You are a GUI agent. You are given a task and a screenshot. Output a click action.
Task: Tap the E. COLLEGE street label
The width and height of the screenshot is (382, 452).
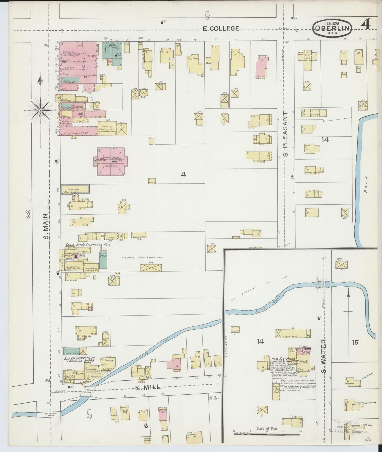pyautogui.click(x=221, y=28)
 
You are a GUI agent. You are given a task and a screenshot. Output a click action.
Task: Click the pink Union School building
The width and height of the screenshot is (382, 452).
pyautogui.click(x=111, y=162)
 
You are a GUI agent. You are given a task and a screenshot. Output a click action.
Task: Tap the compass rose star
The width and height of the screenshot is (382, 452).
pyautogui.click(x=40, y=110)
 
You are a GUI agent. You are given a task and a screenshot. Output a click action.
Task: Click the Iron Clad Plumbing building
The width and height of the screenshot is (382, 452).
pyautogui.click(x=75, y=189)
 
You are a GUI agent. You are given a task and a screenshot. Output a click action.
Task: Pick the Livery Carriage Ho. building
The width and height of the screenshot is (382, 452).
pyautogui.click(x=107, y=128)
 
